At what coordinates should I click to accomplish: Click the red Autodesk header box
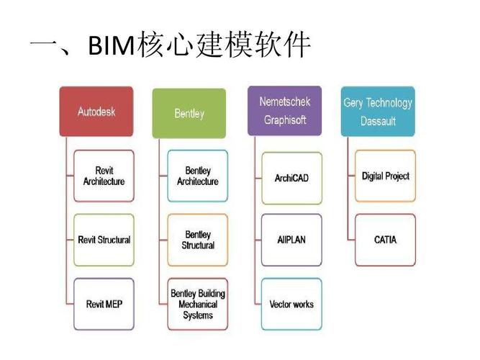[x=96, y=112]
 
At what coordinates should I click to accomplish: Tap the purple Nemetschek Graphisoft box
[x=284, y=111]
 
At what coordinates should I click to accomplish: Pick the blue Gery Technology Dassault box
[x=378, y=112]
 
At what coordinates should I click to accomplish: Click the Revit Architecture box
[x=104, y=176]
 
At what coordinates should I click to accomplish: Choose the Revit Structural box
[x=104, y=240]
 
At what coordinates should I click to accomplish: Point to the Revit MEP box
[x=104, y=304]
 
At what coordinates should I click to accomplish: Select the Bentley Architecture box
[x=198, y=176]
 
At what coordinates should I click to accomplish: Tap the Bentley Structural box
[x=198, y=240]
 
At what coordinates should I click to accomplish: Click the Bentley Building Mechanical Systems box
[x=198, y=304]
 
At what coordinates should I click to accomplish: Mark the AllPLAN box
[x=291, y=240]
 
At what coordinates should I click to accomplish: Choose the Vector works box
[x=291, y=304]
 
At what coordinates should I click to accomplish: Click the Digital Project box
[x=386, y=176]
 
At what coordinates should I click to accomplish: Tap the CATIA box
[x=386, y=240]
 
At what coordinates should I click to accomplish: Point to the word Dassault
[x=378, y=122]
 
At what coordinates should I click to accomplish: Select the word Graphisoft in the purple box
[x=284, y=120]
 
